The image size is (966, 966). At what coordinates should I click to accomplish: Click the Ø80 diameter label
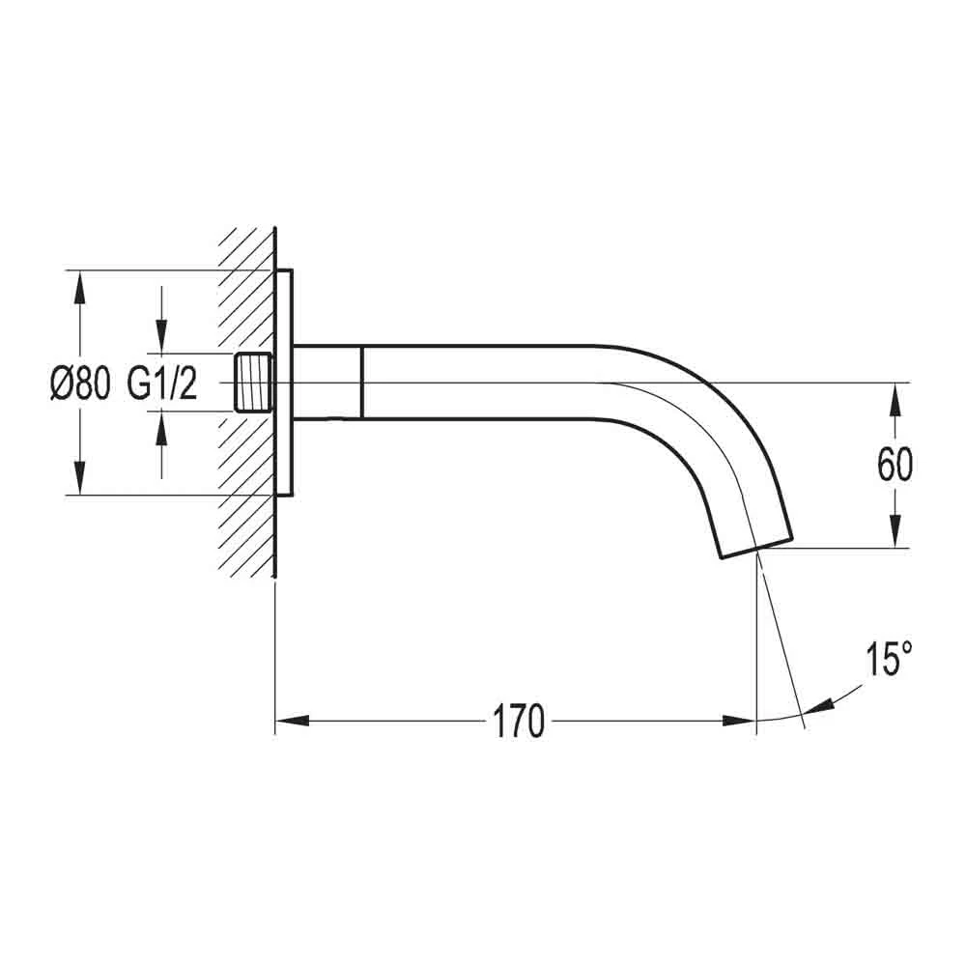click(80, 384)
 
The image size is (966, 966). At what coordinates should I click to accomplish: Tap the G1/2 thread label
click(162, 384)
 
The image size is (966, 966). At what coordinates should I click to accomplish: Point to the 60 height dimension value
click(895, 466)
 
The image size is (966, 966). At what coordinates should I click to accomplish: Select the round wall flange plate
click(284, 383)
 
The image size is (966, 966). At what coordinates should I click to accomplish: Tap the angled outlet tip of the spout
click(755, 542)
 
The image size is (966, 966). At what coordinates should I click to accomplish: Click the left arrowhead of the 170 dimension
click(291, 721)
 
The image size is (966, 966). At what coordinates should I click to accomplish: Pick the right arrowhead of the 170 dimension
click(740, 721)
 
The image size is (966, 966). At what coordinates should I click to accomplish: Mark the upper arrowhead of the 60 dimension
click(896, 397)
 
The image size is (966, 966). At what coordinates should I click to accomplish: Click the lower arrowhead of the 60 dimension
click(896, 534)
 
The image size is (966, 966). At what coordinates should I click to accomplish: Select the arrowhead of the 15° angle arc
click(817, 707)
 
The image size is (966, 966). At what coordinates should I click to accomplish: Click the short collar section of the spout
click(327, 383)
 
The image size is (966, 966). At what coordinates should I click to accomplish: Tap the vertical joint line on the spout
click(361, 383)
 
